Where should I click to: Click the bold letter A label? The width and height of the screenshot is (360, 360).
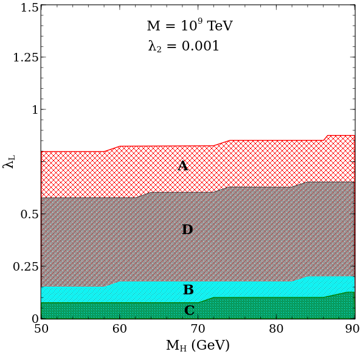182,166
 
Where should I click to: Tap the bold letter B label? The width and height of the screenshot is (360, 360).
189,290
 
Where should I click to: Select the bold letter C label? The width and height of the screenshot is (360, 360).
189,311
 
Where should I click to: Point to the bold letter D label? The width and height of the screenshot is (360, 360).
187,230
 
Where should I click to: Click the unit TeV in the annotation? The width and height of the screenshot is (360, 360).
220,27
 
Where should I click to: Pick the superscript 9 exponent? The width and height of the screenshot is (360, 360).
199,21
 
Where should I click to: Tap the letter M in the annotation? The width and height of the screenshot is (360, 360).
153,27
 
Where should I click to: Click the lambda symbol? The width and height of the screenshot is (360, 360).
152,46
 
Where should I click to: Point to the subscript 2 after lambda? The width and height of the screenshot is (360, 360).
159,50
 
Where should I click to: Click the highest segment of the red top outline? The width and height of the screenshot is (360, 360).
341,135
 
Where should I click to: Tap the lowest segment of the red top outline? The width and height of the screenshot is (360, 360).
73,151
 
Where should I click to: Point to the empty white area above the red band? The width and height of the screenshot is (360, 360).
195,91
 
